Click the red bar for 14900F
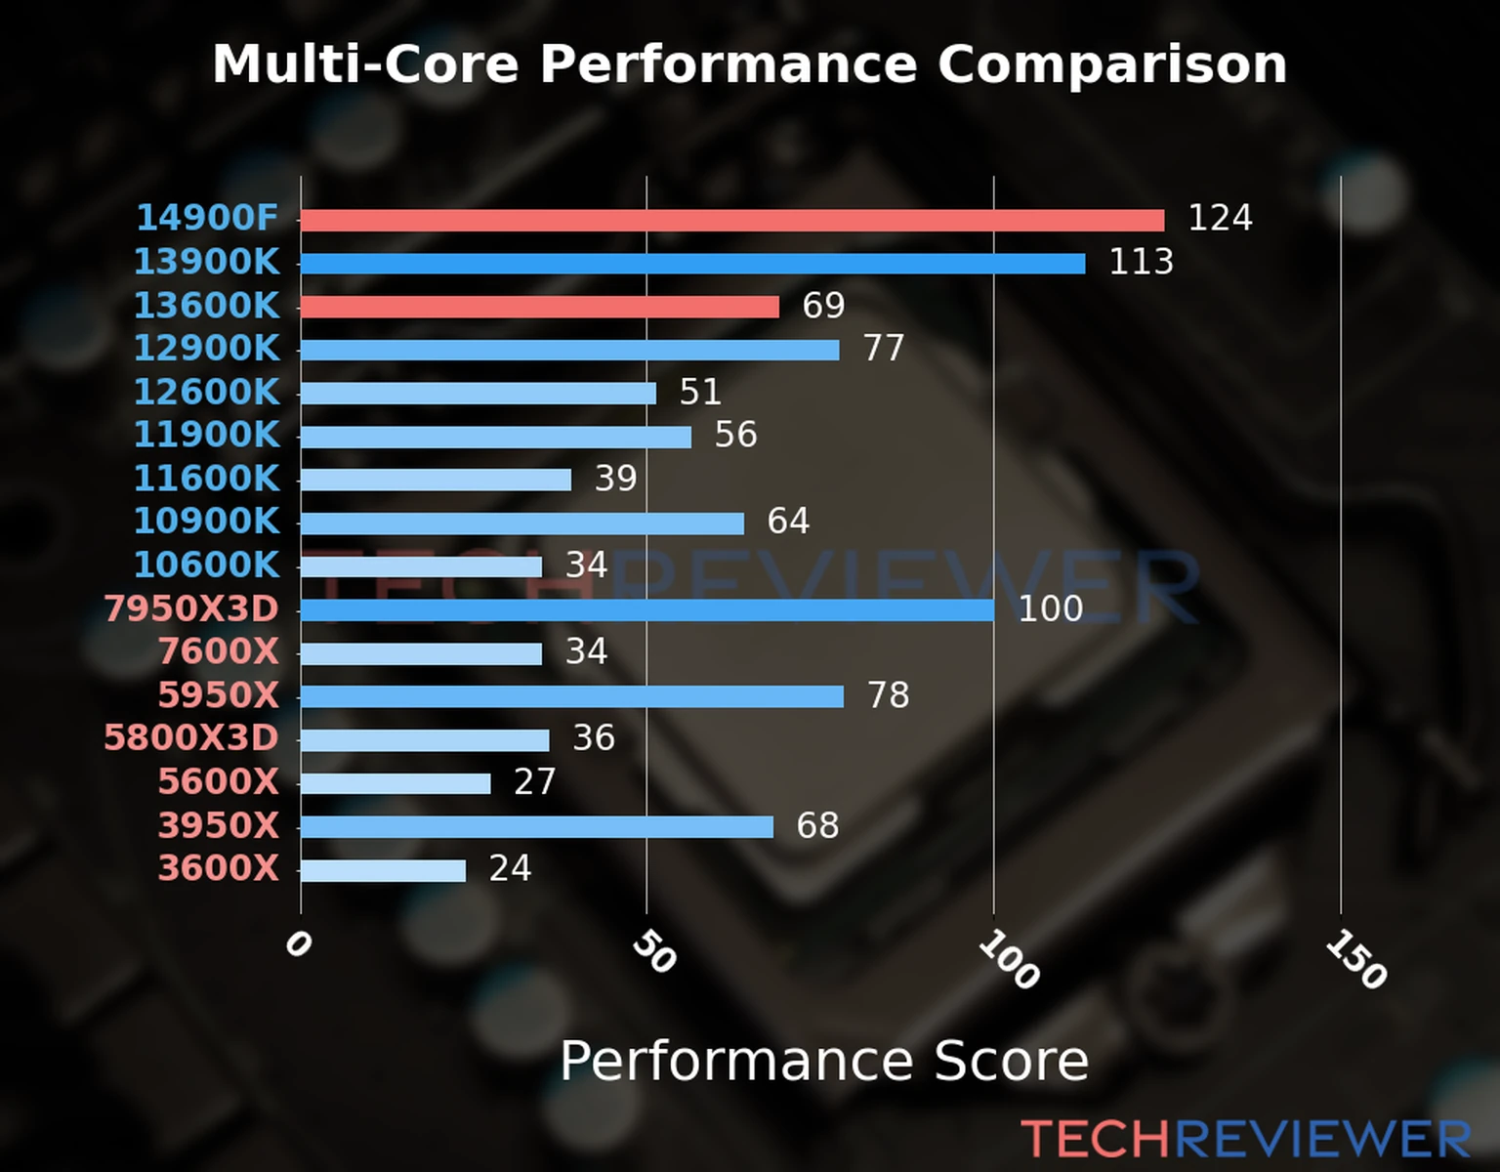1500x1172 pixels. pyautogui.click(x=732, y=221)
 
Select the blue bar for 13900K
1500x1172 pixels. pyautogui.click(x=692, y=264)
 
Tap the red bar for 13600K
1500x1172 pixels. pyautogui.click(x=539, y=307)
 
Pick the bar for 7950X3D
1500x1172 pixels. pyautogui.click(x=646, y=610)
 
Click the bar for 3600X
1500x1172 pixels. pyautogui.click(x=383, y=870)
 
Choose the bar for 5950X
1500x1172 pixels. pyautogui.click(x=571, y=696)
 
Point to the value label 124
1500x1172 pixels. pyautogui.click(x=1220, y=218)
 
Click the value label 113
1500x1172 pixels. pyautogui.click(x=1141, y=262)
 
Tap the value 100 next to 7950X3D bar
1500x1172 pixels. pyautogui.click(x=1050, y=608)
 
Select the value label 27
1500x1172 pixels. pyautogui.click(x=534, y=781)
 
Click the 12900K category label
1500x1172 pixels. pyautogui.click(x=206, y=348)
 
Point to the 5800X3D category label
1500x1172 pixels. pyautogui.click(x=191, y=737)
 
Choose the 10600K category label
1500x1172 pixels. pyautogui.click(x=206, y=565)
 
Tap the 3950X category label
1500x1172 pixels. pyautogui.click(x=219, y=825)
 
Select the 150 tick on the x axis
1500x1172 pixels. pyautogui.click(x=1355, y=959)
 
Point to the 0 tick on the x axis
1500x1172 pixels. pyautogui.click(x=298, y=944)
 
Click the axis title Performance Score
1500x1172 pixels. pyautogui.click(x=823, y=1061)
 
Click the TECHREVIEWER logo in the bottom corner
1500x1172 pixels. pyautogui.click(x=1245, y=1139)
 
